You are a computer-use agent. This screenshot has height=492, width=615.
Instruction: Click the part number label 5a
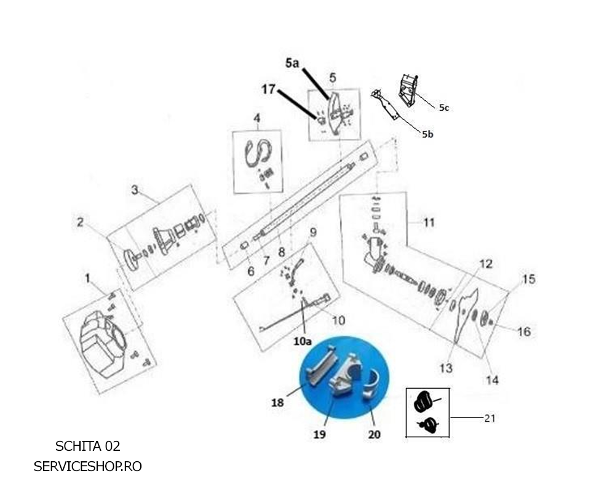292,63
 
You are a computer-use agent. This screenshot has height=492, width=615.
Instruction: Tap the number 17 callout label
269,89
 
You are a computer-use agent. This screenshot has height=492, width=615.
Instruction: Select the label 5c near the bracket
443,108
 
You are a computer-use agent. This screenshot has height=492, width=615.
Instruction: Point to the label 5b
427,134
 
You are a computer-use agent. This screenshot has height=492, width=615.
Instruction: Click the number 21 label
490,418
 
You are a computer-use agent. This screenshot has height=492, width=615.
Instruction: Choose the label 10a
303,341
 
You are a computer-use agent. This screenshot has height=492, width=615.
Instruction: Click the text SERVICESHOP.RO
87,466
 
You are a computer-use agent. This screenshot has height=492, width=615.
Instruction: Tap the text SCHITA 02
87,446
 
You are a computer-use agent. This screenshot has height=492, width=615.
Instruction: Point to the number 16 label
523,331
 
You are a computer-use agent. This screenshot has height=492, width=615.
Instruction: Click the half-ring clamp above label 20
371,386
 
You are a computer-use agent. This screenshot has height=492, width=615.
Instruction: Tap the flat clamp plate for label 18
322,367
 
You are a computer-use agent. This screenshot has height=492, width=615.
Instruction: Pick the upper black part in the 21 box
423,401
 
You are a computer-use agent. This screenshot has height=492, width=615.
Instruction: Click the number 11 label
429,223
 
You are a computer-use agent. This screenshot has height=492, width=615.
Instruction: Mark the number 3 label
135,190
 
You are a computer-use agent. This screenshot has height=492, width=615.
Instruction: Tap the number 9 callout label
312,232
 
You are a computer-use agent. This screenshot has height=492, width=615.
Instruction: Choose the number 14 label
492,380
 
